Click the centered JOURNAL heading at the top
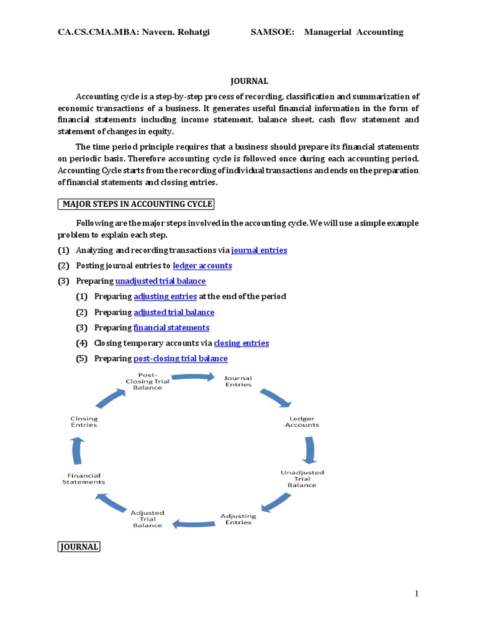250,81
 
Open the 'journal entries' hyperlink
259,250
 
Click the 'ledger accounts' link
202,266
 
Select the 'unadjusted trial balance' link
160,281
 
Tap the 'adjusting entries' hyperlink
165,297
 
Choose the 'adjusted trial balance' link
174,312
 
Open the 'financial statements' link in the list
171,328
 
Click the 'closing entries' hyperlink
241,343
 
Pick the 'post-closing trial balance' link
180,359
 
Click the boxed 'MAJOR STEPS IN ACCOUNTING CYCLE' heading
137,204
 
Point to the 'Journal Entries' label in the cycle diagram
238,381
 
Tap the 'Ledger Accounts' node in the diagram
302,422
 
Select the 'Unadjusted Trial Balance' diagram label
302,478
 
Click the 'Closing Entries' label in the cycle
84,422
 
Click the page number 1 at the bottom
417,594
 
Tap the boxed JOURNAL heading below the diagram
79,547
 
